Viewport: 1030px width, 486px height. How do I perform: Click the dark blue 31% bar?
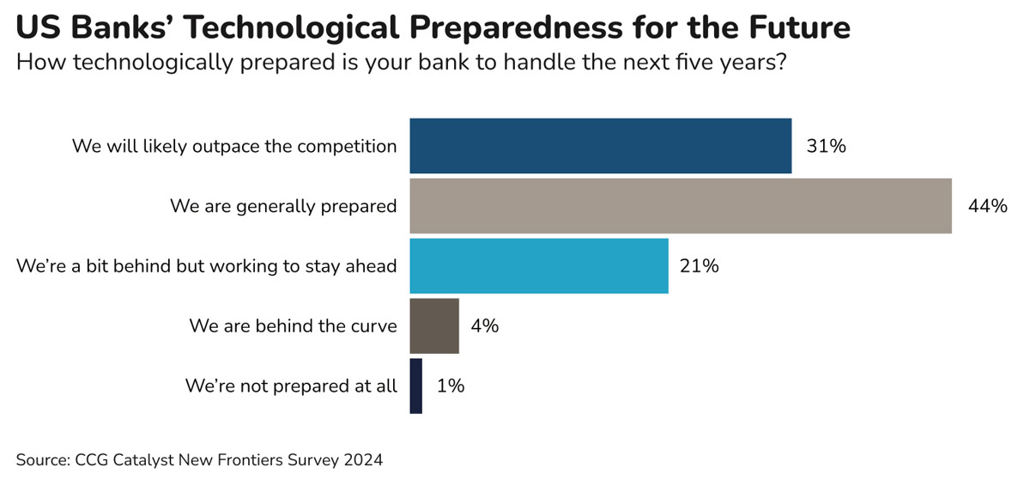click(x=600, y=146)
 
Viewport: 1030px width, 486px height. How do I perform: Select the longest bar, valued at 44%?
click(x=680, y=206)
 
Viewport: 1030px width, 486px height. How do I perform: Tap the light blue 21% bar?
click(x=538, y=266)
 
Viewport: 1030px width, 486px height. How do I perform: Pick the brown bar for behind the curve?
click(x=434, y=326)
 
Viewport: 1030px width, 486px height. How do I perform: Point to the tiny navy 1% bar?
click(x=416, y=386)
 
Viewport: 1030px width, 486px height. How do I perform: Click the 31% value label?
click(x=826, y=146)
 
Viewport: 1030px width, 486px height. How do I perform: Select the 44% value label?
click(x=986, y=206)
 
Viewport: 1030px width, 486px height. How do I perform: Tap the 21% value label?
click(x=698, y=266)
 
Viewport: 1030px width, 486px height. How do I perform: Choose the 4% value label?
click(x=484, y=326)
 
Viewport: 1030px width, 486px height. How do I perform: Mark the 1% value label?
click(x=451, y=386)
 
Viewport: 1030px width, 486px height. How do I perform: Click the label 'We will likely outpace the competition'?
click(x=234, y=146)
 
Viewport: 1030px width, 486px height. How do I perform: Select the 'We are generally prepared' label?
click(x=283, y=206)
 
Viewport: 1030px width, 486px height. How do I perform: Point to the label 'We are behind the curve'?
click(x=293, y=326)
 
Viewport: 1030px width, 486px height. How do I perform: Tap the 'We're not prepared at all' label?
click(x=291, y=386)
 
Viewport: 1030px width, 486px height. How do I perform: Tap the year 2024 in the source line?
click(x=363, y=460)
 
